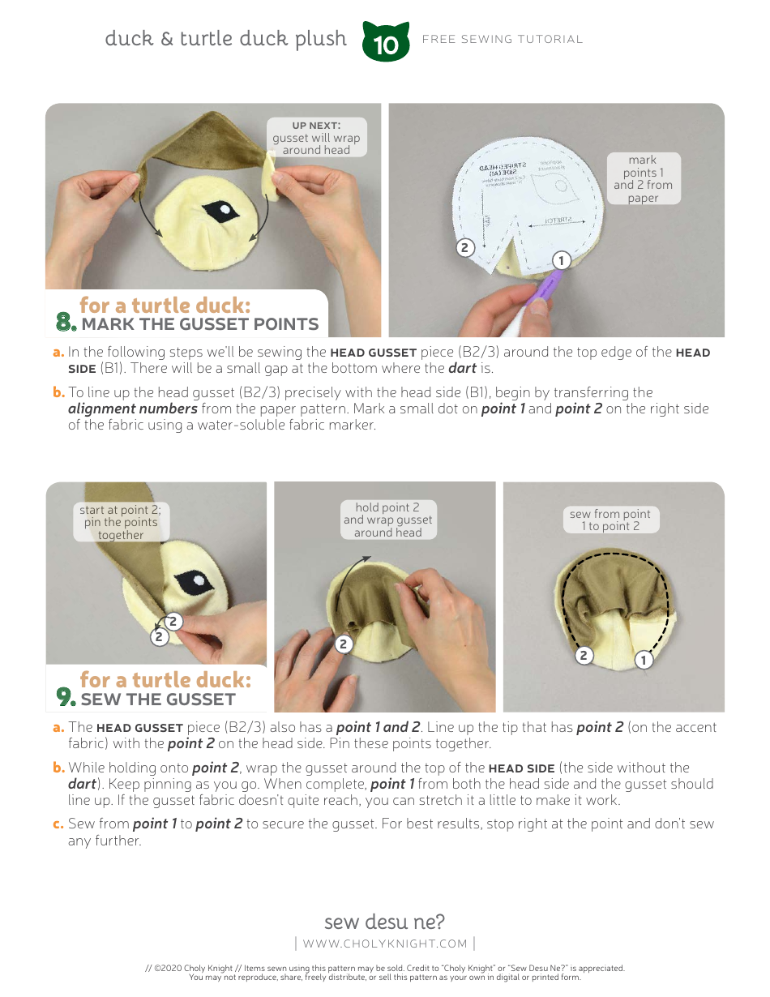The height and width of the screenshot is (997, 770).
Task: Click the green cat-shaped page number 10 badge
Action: (387, 43)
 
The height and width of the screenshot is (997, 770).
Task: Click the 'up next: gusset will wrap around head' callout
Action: (316, 137)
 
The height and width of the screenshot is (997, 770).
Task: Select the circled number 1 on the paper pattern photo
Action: (560, 260)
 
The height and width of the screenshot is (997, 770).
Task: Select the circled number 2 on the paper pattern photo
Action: (464, 248)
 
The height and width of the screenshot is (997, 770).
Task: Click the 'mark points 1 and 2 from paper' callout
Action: (643, 179)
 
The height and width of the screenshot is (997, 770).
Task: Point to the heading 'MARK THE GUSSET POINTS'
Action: (200, 324)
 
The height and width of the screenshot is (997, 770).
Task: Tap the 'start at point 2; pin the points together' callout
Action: (120, 522)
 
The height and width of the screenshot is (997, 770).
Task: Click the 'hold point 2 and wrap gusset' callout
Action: (387, 520)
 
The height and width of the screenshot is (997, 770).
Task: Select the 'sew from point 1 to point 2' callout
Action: (610, 520)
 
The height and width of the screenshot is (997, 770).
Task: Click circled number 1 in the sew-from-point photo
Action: (644, 660)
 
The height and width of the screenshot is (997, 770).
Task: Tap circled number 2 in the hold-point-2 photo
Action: (344, 644)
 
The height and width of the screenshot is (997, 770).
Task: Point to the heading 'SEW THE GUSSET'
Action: (158, 700)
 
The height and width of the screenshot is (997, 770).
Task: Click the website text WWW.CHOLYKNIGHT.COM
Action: (385, 944)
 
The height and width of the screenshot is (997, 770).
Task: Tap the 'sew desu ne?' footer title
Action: (384, 922)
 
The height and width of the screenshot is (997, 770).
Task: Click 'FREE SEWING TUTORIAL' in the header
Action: (503, 39)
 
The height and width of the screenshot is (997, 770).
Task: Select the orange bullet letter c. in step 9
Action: (58, 824)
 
